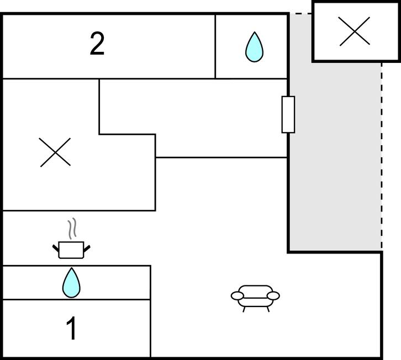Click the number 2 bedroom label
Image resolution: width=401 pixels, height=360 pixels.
pyautogui.click(x=97, y=44)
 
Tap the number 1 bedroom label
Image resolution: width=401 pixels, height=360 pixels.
pyautogui.click(x=72, y=329)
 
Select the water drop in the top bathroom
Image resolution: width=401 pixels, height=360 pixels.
pyautogui.click(x=254, y=47)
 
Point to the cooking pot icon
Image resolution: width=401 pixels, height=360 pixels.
pyautogui.click(x=71, y=250)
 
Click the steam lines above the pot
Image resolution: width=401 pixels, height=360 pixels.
pyautogui.click(x=71, y=229)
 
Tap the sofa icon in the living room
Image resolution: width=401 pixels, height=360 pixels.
pyautogui.click(x=255, y=297)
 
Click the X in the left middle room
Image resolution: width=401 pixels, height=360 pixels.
pyautogui.click(x=56, y=152)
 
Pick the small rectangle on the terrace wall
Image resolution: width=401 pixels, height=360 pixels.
pyautogui.click(x=288, y=114)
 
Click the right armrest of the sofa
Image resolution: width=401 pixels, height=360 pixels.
pyautogui.click(x=274, y=296)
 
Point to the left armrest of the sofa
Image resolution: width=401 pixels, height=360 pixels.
pyautogui.click(x=236, y=297)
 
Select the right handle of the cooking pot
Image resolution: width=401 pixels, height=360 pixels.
pyautogui.click(x=87, y=247)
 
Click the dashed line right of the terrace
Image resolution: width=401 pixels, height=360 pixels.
pyautogui.click(x=381, y=155)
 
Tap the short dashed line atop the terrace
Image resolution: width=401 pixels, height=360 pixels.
pyautogui.click(x=300, y=14)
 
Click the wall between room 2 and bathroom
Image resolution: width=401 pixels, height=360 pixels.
pyautogui.click(x=215, y=47)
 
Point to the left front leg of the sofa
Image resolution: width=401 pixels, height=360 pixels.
pyautogui.click(x=244, y=309)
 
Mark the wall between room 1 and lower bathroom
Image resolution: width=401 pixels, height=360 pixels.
pyautogui.click(x=76, y=300)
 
